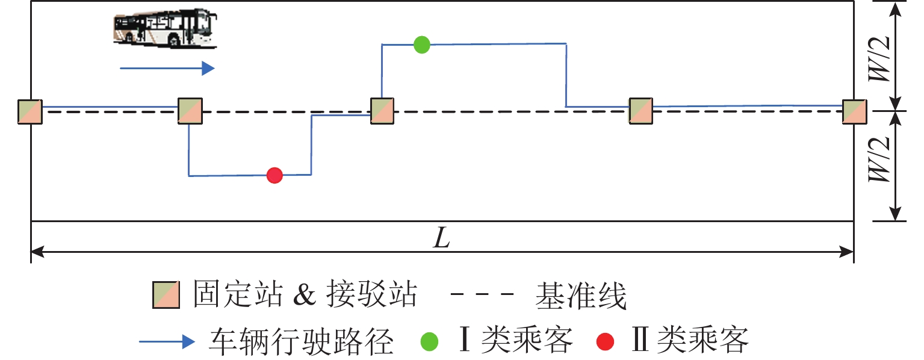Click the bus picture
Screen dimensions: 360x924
click(164, 28)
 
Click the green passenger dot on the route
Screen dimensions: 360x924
click(422, 45)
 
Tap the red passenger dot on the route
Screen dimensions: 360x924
click(274, 175)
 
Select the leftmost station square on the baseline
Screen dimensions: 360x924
click(30, 112)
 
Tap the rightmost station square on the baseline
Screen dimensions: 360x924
click(854, 112)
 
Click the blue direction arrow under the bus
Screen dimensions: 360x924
click(167, 69)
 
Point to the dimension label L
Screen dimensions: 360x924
click(442, 240)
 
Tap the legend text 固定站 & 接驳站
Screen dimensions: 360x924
click(305, 296)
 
